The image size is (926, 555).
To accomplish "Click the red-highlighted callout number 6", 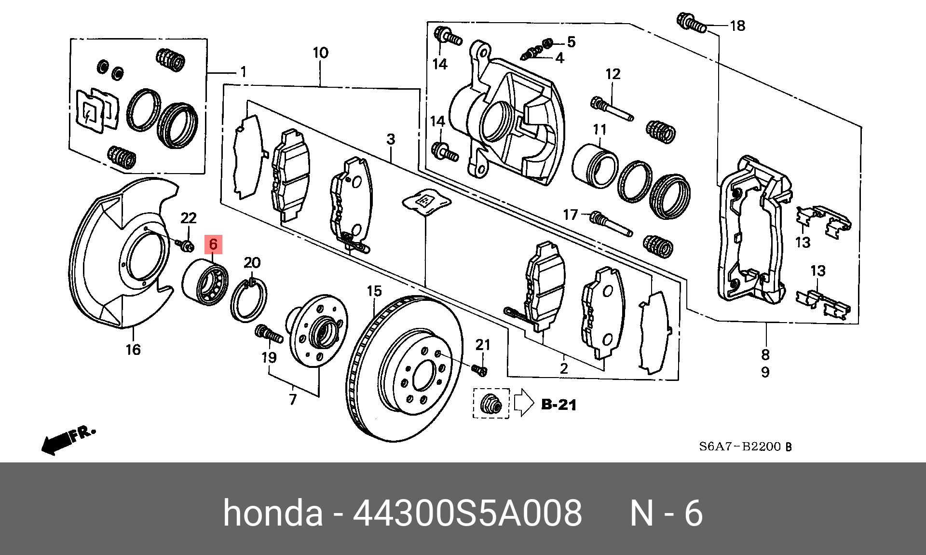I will click(x=213, y=244).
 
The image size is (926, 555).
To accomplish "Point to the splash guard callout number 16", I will click(x=133, y=350).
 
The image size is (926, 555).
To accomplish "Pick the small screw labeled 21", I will click(x=480, y=370).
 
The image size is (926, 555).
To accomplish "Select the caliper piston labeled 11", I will click(x=595, y=165).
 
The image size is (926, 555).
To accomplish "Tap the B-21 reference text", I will click(x=558, y=405).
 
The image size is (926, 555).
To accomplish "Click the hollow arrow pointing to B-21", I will click(x=524, y=403).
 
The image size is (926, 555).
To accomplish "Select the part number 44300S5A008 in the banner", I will click(x=467, y=513).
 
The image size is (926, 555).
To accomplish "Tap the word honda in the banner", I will click(x=272, y=513).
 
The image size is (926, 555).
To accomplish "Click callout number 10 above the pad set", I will click(x=320, y=53).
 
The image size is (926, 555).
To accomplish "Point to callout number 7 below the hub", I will click(x=293, y=400).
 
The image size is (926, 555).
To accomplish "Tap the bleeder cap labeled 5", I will click(x=547, y=44).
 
